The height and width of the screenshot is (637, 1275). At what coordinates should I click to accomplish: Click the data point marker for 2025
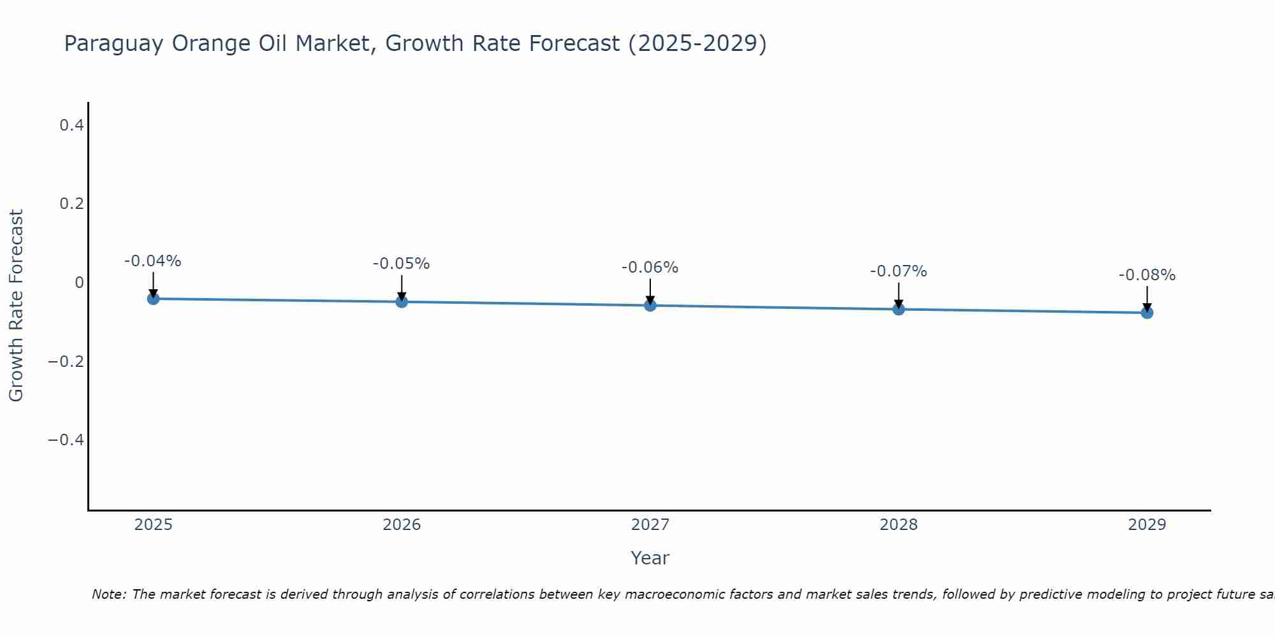coord(153,298)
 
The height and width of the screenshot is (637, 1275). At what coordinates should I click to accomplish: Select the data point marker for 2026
coord(402,301)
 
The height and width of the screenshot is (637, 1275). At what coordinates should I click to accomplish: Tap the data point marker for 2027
coord(650,305)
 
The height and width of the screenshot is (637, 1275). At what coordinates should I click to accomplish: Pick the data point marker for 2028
coord(898,309)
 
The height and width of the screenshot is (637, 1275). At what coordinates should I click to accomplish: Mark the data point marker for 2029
coord(1147,312)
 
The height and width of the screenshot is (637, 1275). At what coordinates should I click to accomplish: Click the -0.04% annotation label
coord(153,261)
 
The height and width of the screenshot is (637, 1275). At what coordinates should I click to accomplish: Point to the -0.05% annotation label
coord(402,264)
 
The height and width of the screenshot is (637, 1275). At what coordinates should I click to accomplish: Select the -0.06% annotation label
coord(650,268)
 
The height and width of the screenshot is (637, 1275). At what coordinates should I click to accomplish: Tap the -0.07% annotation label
coord(898,271)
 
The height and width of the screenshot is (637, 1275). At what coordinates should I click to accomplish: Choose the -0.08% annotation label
coord(1147,275)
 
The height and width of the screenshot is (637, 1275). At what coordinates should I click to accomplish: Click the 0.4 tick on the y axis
coord(71,125)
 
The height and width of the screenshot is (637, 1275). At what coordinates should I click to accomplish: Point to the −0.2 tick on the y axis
coord(66,362)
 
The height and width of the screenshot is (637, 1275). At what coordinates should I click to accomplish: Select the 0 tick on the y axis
coord(79,283)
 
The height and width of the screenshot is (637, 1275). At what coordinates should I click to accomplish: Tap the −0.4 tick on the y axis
coord(66,440)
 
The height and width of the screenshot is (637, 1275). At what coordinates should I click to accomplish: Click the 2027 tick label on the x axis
coord(650,525)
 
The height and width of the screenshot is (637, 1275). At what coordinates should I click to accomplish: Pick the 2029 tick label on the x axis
coord(1147,525)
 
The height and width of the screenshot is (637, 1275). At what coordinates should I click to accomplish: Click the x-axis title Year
coord(650,558)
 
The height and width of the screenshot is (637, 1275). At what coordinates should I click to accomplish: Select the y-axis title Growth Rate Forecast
coord(17,306)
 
